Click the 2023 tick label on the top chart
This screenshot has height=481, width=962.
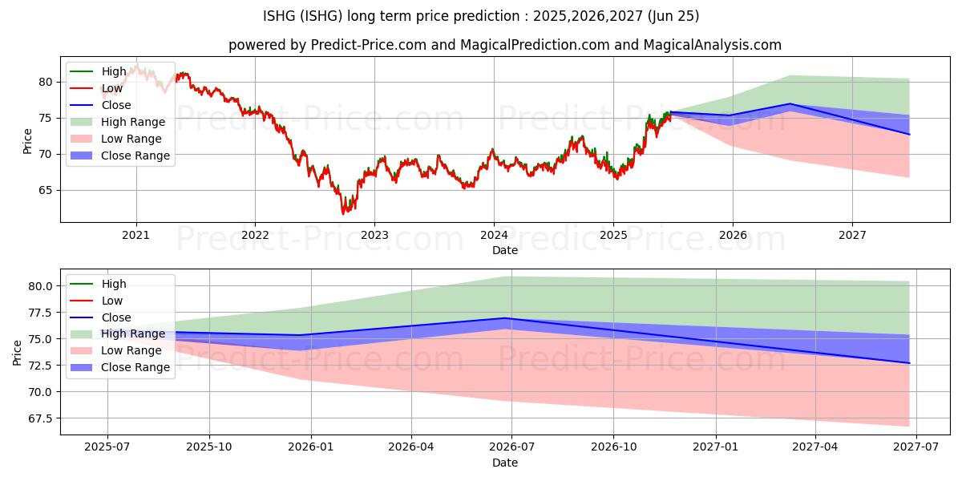pos(374,235)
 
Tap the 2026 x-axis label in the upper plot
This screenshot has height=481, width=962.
pos(733,235)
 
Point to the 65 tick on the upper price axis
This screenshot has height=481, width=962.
pos(46,190)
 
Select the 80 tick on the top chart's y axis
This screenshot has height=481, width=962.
pos(46,82)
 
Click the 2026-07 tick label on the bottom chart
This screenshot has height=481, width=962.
pos(512,447)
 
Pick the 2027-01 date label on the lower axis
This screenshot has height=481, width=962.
pos(715,447)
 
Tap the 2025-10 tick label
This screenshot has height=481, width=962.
pos(209,447)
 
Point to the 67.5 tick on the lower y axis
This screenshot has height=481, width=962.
pos(40,418)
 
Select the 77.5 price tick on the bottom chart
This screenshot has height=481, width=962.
pos(40,313)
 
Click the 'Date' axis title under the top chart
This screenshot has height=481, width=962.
pos(504,250)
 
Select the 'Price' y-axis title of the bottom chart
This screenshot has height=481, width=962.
pos(17,353)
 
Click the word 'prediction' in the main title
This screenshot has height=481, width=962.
pos(487,16)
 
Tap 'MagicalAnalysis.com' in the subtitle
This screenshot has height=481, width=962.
pos(712,45)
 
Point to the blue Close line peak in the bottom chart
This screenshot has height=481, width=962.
pos(505,318)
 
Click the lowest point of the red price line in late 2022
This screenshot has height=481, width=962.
pos(343,214)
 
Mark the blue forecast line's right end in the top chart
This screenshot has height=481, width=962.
pos(909,135)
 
